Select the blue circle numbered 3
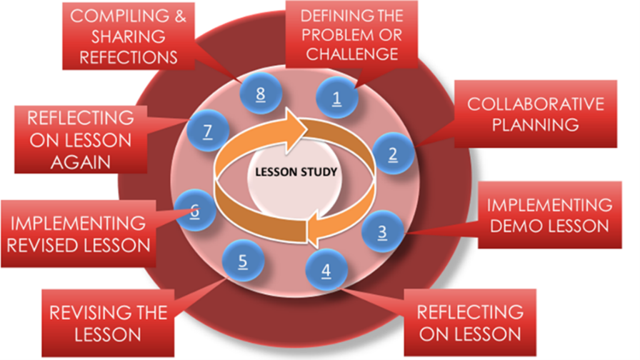382,230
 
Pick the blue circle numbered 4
326,270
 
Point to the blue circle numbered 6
194,210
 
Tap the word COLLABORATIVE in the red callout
535,104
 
